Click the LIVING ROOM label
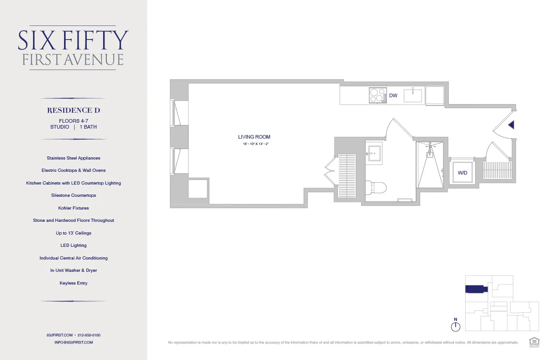pyautogui.click(x=254, y=137)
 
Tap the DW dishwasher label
pyautogui.click(x=393, y=96)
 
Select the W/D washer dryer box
pyautogui.click(x=462, y=173)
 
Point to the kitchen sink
pyautogui.click(x=413, y=96)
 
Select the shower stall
pyautogui.click(x=429, y=166)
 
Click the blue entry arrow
pyautogui.click(x=511, y=125)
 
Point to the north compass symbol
pyautogui.click(x=456, y=326)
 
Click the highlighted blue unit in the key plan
pyautogui.click(x=476, y=289)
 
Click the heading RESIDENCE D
pyautogui.click(x=74, y=110)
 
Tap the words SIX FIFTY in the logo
pyautogui.click(x=73, y=40)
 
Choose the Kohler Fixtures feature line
pyautogui.click(x=74, y=208)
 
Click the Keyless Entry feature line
pyautogui.click(x=74, y=283)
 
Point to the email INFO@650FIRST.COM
pyautogui.click(x=74, y=342)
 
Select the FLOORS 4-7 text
pyautogui.click(x=74, y=121)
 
